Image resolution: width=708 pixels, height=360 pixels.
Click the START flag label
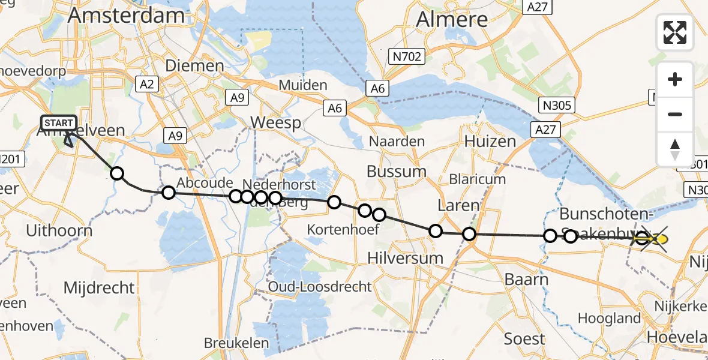[58, 124]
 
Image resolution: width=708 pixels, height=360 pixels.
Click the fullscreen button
[675, 32]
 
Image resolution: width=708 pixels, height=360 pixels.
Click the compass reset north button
[675, 149]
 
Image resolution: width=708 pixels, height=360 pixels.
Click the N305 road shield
[557, 106]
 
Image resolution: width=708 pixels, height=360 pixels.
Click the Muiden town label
[303, 85]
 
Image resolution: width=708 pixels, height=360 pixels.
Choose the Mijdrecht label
[100, 288]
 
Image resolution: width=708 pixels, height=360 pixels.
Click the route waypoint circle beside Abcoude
[169, 193]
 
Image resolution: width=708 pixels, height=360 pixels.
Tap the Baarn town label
[526, 280]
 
